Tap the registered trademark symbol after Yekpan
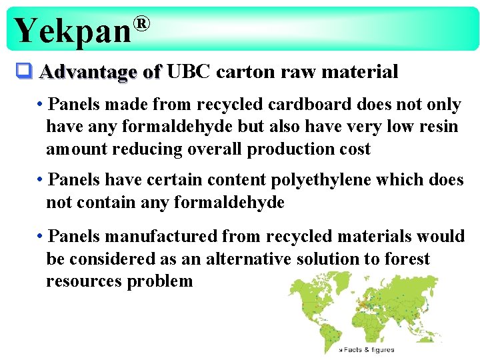pyautogui.click(x=141, y=25)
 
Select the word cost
pyautogui.click(x=353, y=149)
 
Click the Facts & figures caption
pyautogui.click(x=367, y=349)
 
